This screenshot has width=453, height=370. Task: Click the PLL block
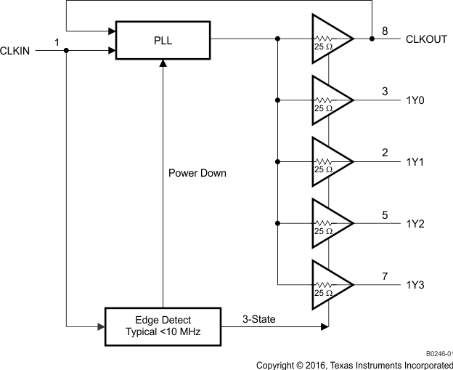pyautogui.click(x=163, y=41)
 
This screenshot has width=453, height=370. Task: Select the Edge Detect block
pyautogui.click(x=163, y=326)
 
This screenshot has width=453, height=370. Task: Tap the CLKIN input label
pyautogui.click(x=15, y=50)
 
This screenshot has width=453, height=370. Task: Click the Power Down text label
pyautogui.click(x=197, y=173)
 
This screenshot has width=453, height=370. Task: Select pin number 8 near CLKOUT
pyautogui.click(x=385, y=31)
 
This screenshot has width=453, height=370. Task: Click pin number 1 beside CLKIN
pyautogui.click(x=57, y=43)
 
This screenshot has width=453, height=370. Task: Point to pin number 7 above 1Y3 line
pyautogui.click(x=385, y=276)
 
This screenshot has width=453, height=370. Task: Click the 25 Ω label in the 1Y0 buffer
pyautogui.click(x=324, y=108)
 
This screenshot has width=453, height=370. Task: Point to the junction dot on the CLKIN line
pyautogui.click(x=66, y=51)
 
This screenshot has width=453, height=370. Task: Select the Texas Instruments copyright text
pyautogui.click(x=354, y=364)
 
